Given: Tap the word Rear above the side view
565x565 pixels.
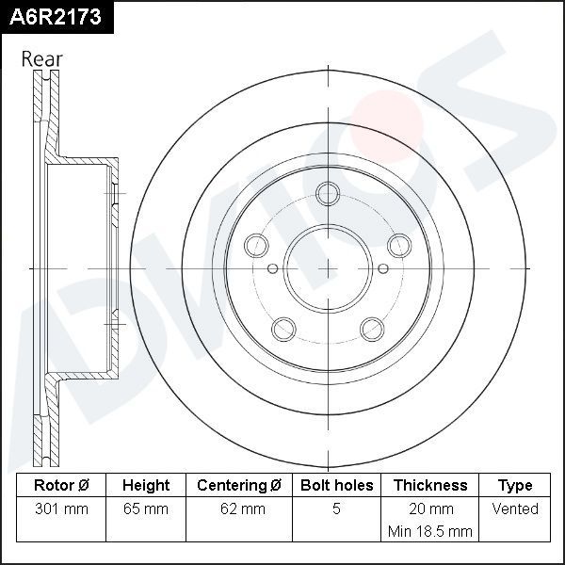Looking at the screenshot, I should (42, 58).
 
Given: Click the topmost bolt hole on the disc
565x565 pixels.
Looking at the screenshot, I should (328, 194).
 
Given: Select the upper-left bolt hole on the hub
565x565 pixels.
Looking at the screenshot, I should (256, 245).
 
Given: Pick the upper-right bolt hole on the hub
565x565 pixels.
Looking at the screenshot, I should (399, 245).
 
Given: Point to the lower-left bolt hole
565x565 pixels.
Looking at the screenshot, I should (283, 329).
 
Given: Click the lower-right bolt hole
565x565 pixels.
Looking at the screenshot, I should (372, 329).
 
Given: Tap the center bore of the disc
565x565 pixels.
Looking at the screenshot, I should (328, 268).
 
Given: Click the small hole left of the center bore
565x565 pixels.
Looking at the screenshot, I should (273, 268).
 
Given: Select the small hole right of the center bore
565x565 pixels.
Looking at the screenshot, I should (382, 268).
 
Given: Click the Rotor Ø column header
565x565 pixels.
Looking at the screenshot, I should (61, 486).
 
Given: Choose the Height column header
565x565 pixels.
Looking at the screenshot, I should (146, 486).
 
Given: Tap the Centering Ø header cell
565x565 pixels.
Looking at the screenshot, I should (239, 486).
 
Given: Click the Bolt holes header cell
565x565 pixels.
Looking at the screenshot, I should (336, 486).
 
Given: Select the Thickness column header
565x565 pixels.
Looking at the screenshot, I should (430, 486).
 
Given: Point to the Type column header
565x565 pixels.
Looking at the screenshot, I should (515, 486).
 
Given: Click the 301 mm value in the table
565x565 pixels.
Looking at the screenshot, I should (61, 509).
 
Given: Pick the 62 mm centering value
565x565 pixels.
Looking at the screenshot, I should (239, 509).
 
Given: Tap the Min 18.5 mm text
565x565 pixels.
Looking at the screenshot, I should (430, 531).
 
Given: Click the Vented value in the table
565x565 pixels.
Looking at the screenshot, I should (515, 509).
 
